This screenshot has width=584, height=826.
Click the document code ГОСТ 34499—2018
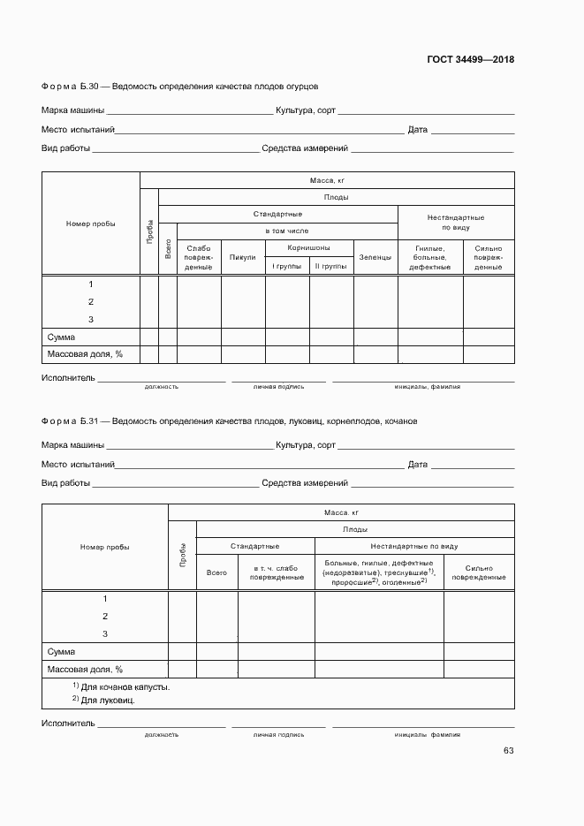click(470, 60)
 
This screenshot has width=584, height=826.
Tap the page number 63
click(508, 751)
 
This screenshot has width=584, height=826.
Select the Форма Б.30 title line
click(179, 87)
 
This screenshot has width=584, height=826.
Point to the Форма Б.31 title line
click(230, 421)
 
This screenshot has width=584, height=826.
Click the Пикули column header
click(242, 258)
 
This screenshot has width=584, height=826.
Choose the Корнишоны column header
click(308, 248)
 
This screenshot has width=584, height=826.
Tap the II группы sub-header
click(330, 266)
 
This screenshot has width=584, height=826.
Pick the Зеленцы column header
click(375, 258)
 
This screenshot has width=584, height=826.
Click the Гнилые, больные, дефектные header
click(429, 257)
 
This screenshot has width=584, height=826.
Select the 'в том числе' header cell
click(277, 231)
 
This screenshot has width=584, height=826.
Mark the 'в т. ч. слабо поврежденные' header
click(276, 572)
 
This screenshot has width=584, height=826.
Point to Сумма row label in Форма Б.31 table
click(61, 651)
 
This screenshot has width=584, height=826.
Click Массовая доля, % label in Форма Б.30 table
click(85, 354)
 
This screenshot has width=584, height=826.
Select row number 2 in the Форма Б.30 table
click(91, 301)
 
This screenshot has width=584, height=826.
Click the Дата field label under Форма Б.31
click(417, 465)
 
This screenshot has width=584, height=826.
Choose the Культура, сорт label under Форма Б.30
click(305, 111)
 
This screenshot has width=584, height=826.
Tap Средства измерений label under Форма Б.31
click(305, 483)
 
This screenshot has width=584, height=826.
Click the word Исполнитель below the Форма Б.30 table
click(67, 378)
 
